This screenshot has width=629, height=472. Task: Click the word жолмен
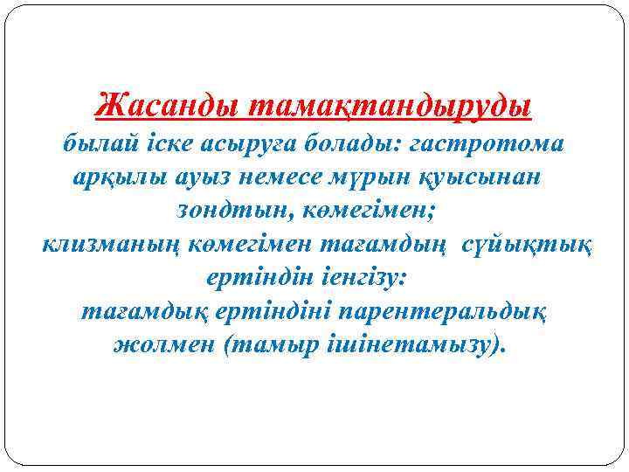click(164, 344)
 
